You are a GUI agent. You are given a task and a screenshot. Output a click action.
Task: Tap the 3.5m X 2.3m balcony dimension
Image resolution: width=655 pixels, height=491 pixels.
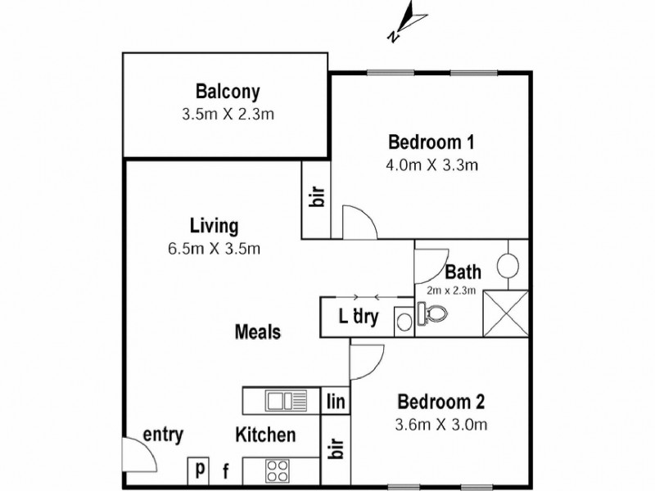tap(228, 114)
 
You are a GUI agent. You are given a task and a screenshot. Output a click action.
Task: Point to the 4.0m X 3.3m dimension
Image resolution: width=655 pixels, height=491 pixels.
tap(432, 164)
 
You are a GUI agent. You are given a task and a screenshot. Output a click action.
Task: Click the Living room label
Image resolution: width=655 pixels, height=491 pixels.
tap(214, 225)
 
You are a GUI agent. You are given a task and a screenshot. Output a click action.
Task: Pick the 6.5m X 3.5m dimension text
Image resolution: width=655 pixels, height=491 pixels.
tap(214, 248)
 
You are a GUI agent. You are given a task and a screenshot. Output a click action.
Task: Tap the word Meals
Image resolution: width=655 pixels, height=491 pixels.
tap(258, 332)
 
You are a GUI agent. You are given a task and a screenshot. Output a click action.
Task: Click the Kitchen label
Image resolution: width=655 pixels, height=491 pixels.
tap(266, 435)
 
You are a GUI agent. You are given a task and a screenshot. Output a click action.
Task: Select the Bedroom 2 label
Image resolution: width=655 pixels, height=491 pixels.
tap(441, 402)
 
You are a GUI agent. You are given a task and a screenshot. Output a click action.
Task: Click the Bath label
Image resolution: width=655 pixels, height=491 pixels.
tap(463, 272)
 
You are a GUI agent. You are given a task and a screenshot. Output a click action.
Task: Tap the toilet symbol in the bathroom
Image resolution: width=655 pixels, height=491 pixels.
tap(431, 313)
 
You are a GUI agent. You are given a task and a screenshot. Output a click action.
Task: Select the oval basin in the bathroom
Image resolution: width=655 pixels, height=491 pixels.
tap(508, 265)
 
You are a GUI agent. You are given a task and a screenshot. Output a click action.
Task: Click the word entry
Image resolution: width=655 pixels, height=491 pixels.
tap(163, 435)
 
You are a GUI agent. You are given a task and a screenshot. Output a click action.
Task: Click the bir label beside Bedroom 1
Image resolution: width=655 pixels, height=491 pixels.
tap(318, 197)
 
